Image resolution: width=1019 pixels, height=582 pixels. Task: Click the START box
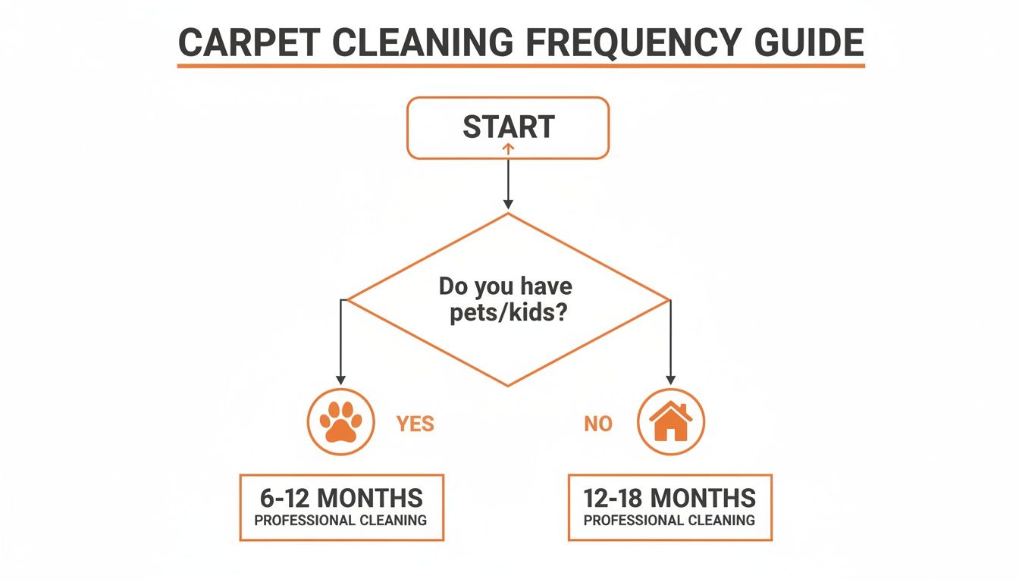(x=508, y=127)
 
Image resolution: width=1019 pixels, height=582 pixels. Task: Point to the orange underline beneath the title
(x=521, y=67)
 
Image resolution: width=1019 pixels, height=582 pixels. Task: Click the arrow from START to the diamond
(x=508, y=182)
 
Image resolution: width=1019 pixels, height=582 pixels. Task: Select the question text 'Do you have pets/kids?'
(x=506, y=300)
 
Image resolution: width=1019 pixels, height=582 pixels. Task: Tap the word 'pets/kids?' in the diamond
(x=506, y=313)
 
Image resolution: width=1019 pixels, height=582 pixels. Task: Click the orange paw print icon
(x=340, y=422)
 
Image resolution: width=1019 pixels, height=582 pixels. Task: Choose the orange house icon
(x=671, y=422)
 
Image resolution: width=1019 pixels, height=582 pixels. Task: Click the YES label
(x=415, y=424)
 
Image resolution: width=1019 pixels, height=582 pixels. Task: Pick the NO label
(x=598, y=424)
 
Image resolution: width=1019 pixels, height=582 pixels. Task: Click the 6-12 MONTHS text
(x=341, y=498)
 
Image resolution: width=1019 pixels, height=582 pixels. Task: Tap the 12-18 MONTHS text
(x=669, y=498)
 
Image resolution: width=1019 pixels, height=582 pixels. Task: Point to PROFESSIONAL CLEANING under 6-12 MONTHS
(x=341, y=521)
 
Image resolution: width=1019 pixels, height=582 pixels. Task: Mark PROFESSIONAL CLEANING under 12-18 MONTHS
(x=669, y=521)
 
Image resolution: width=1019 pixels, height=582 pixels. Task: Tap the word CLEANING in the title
(x=413, y=44)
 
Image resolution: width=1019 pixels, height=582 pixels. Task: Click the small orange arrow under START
(x=508, y=150)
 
